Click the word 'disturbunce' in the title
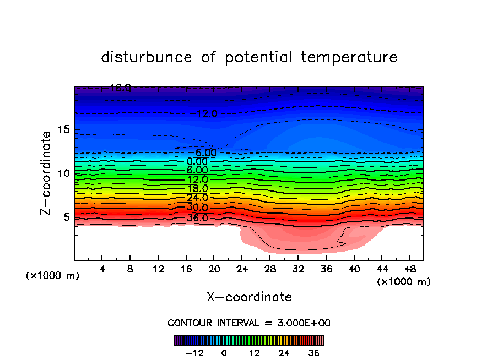point(147,57)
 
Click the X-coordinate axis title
point(249,297)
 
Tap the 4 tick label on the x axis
point(102,270)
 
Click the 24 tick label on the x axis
point(241,270)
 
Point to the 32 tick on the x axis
point(297,270)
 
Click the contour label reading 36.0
point(197,218)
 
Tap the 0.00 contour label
point(197,162)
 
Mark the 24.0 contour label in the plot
point(197,198)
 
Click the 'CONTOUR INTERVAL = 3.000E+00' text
point(249,323)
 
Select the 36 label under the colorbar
point(314,353)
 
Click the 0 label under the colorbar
point(224,353)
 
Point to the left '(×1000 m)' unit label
point(53,276)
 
